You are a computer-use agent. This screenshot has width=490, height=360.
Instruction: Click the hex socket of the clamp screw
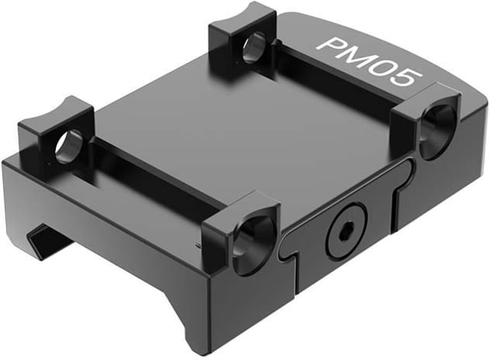click(346, 231)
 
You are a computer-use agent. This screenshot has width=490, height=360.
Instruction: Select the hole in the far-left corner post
click(69, 147)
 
